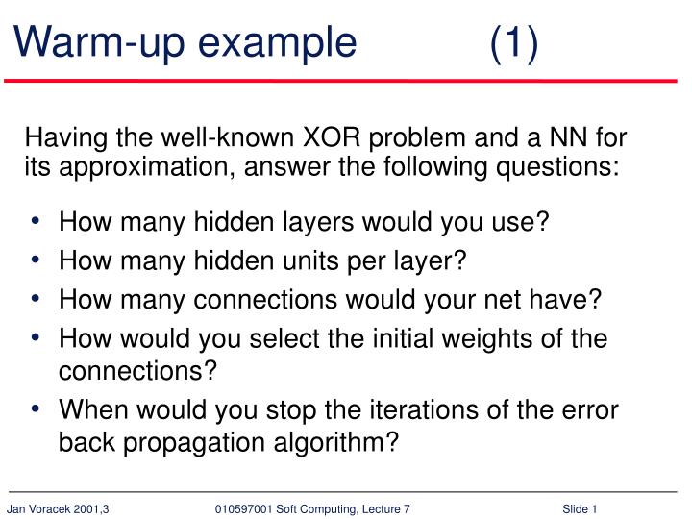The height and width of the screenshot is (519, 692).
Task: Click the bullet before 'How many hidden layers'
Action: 36,222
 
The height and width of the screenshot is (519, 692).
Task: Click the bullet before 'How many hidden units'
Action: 36,261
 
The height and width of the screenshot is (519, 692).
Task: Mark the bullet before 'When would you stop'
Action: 36,409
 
